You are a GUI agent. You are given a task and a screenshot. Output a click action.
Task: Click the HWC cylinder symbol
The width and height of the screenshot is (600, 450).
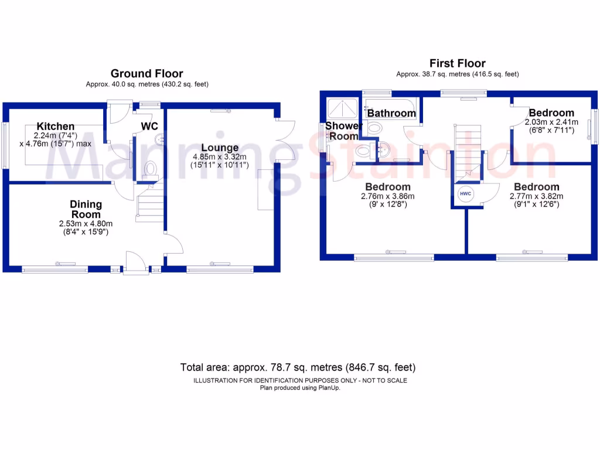tap(465, 194)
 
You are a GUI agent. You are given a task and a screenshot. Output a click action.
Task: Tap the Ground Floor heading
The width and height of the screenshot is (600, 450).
tap(146, 74)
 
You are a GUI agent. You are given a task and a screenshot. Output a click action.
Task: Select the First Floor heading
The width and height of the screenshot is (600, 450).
tap(457, 63)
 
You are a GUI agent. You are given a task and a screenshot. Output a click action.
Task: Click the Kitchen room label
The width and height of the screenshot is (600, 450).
tap(56, 127)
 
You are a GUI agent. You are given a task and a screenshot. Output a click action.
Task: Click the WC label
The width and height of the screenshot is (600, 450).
tap(149, 126)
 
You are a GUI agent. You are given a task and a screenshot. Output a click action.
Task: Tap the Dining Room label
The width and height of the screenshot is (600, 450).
tap(86, 209)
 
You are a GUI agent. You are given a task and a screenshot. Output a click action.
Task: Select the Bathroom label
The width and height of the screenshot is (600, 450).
tap(391, 113)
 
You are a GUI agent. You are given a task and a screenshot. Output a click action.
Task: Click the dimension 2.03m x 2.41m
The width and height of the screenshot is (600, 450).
tap(551, 122)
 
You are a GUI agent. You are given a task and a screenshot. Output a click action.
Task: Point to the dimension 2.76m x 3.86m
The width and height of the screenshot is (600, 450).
tap(388, 196)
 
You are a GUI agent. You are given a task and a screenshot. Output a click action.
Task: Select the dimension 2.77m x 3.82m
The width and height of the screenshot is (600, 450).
tap(534, 196)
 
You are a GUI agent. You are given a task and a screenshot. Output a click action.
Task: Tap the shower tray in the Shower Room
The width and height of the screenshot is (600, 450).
tap(343, 108)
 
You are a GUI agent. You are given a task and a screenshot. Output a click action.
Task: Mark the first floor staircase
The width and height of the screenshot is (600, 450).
tap(466, 152)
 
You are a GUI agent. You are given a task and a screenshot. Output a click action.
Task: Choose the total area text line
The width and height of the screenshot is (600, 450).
tap(298, 368)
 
